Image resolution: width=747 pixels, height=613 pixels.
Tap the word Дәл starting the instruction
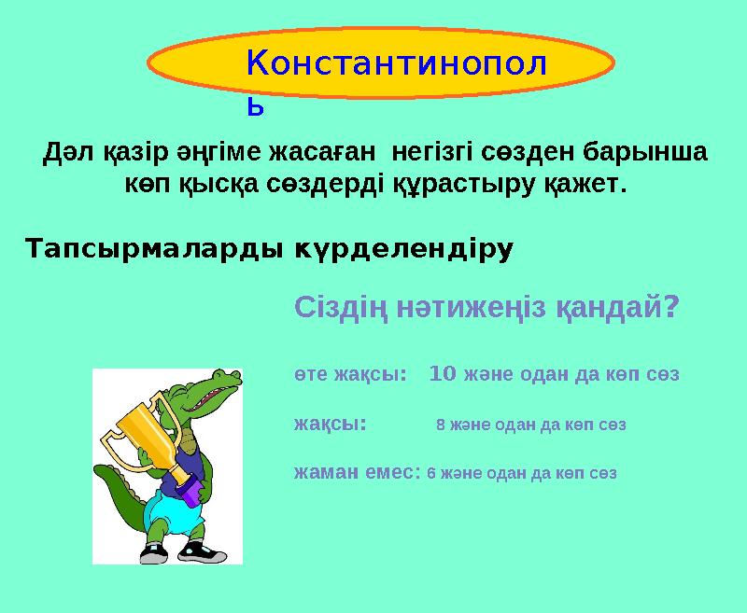click(x=66, y=150)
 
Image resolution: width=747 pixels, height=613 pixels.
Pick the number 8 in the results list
click(x=440, y=425)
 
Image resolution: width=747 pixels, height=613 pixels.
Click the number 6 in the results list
click(x=430, y=473)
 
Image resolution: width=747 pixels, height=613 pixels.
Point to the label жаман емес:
click(x=357, y=472)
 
